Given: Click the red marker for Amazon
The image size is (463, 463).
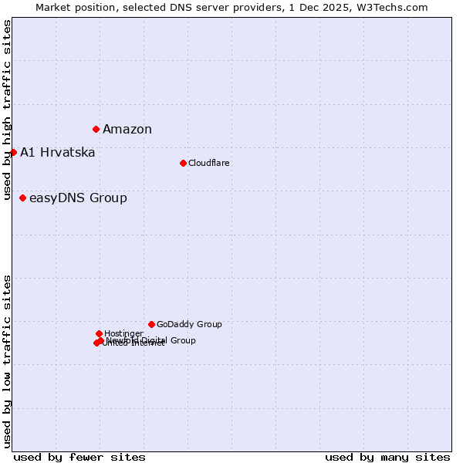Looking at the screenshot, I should click(96, 129).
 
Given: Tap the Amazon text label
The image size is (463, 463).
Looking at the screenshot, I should click(127, 130).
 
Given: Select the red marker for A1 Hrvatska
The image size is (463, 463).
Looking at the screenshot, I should click(13, 152).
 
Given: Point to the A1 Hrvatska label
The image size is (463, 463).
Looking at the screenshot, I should click(58, 153).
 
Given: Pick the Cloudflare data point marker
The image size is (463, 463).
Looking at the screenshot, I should click(183, 163).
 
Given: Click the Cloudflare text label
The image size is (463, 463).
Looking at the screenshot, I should click(209, 163).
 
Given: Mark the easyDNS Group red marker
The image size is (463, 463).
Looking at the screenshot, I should click(22, 198).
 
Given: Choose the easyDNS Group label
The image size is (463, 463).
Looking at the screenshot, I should click(78, 198).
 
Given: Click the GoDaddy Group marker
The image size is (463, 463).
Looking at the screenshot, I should click(151, 324).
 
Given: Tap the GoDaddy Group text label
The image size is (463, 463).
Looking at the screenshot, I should click(189, 324).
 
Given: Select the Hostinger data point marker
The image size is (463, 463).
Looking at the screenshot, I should click(99, 333).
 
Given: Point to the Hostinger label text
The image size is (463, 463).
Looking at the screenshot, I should click(123, 333).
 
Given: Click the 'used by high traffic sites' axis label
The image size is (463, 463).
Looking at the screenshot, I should click(8, 110).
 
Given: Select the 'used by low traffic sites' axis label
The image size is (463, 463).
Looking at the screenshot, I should click(8, 361).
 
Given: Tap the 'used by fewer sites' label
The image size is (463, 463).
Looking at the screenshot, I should click(79, 457).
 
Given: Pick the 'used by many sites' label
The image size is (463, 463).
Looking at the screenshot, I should click(387, 457).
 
